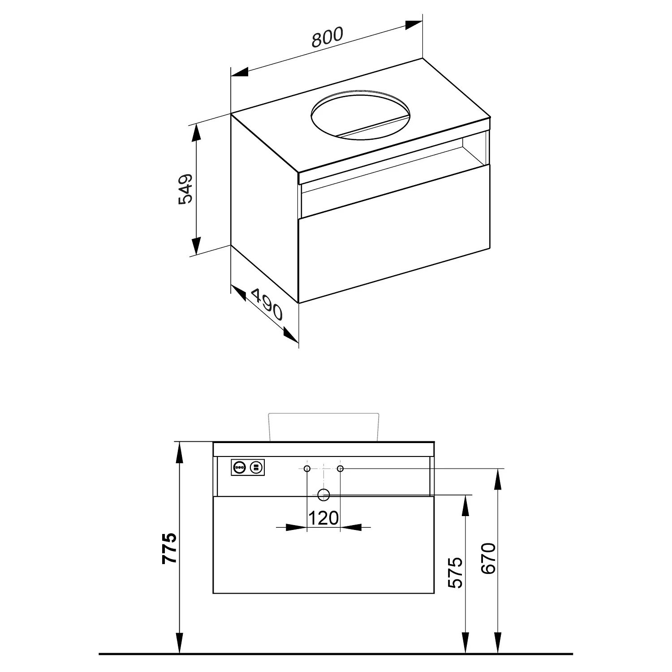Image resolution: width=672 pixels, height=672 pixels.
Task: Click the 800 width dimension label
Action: coord(327,37)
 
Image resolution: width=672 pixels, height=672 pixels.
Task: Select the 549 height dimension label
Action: coord(185,189)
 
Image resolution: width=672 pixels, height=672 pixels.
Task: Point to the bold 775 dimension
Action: coord(170,548)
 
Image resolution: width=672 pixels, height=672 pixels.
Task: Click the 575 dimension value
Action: coord(456,572)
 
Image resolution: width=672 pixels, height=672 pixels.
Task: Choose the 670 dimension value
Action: coord(489,558)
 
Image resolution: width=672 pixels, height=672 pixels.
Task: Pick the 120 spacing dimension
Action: coord(323,518)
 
